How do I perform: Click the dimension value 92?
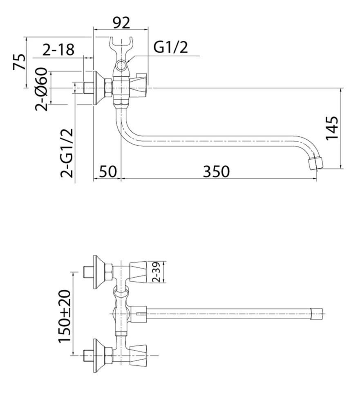121,23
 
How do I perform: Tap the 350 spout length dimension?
217,171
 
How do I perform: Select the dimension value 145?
332,128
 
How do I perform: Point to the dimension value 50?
108,171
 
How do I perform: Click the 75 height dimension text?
20,62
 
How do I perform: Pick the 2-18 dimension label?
58,49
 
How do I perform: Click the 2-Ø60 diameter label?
41,89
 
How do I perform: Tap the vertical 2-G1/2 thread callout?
67,153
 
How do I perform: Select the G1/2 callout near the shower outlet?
171,47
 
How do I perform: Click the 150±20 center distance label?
65,316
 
